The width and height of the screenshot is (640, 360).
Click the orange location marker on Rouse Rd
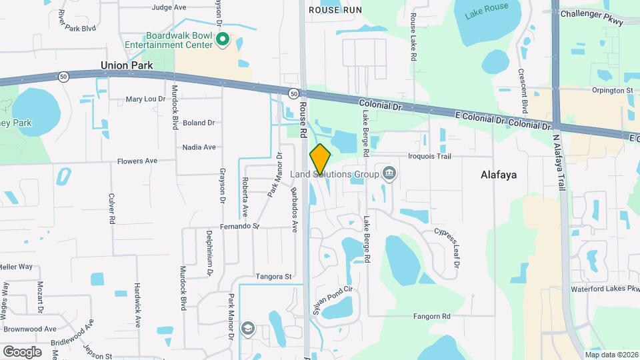point(320,159)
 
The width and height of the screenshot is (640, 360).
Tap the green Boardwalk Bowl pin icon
point(223,41)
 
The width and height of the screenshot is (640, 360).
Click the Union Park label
point(127,65)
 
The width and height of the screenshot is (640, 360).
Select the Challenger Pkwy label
point(592,18)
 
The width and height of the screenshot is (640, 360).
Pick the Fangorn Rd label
point(431,316)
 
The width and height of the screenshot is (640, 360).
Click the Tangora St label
point(274,276)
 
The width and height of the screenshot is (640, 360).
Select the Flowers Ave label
point(137,161)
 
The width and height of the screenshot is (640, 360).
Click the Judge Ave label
point(169,7)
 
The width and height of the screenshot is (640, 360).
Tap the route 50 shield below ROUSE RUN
point(293,93)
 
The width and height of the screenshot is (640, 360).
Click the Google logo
point(21,351)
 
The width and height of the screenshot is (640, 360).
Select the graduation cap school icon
point(247,328)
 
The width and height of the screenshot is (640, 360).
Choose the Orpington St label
point(610,90)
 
